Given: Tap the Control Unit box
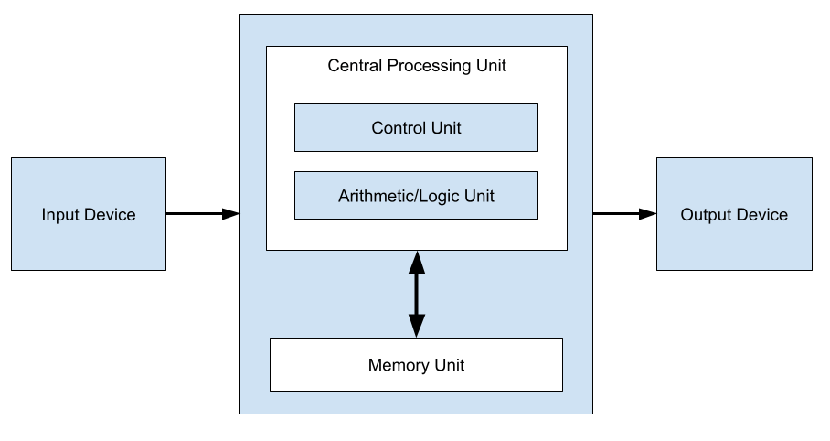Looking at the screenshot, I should tap(416, 128).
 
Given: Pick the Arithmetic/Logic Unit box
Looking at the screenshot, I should tap(416, 196).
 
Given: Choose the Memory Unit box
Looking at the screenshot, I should tap(416, 365).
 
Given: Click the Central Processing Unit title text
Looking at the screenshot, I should tap(416, 66).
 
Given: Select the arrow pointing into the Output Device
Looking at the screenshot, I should tap(624, 214).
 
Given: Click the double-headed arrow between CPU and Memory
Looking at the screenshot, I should tap(417, 294).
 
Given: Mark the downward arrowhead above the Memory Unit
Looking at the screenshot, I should tap(417, 325).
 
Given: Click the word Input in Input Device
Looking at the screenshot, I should tap(60, 216).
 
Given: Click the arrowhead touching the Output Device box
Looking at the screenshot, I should tap(648, 214).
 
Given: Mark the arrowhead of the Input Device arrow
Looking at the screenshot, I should tap(230, 214).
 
